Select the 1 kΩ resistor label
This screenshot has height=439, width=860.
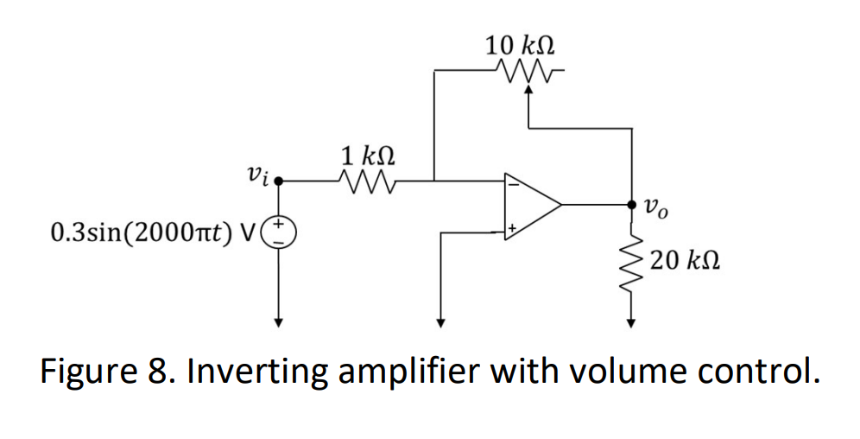pyautogui.click(x=368, y=157)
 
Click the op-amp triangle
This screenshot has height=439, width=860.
pyautogui.click(x=530, y=206)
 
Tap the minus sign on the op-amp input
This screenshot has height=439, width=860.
pyautogui.click(x=512, y=183)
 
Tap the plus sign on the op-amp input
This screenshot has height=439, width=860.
pyautogui.click(x=512, y=229)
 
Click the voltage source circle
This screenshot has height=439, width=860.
pyautogui.click(x=279, y=232)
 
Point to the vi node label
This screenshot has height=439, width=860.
pyautogui.click(x=257, y=175)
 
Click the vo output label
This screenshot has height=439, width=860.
pyautogui.click(x=655, y=207)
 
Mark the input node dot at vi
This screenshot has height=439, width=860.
pyautogui.click(x=279, y=181)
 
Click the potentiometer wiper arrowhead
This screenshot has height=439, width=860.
pyautogui.click(x=529, y=88)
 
